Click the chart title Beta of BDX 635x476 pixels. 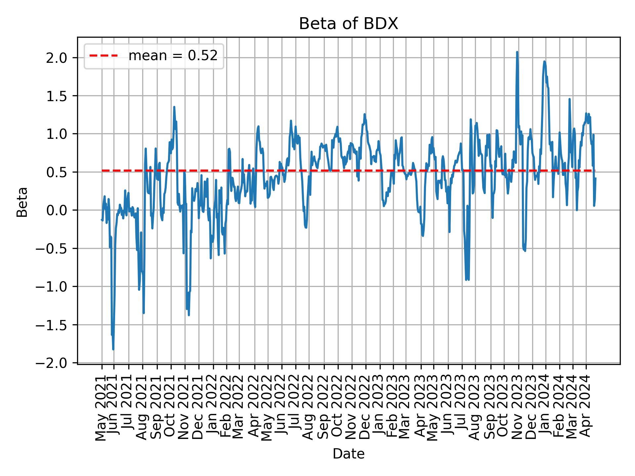348,24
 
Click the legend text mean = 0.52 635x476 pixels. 173,56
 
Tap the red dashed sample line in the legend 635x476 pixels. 104,56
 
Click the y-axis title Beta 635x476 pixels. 22,202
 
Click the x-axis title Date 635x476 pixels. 348,454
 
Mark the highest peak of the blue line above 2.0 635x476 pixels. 517,52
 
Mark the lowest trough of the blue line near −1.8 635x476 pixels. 113,349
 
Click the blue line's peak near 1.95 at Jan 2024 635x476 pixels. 544,61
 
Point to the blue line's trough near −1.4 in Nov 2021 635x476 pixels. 189,315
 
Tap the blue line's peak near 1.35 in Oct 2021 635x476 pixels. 174,107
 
